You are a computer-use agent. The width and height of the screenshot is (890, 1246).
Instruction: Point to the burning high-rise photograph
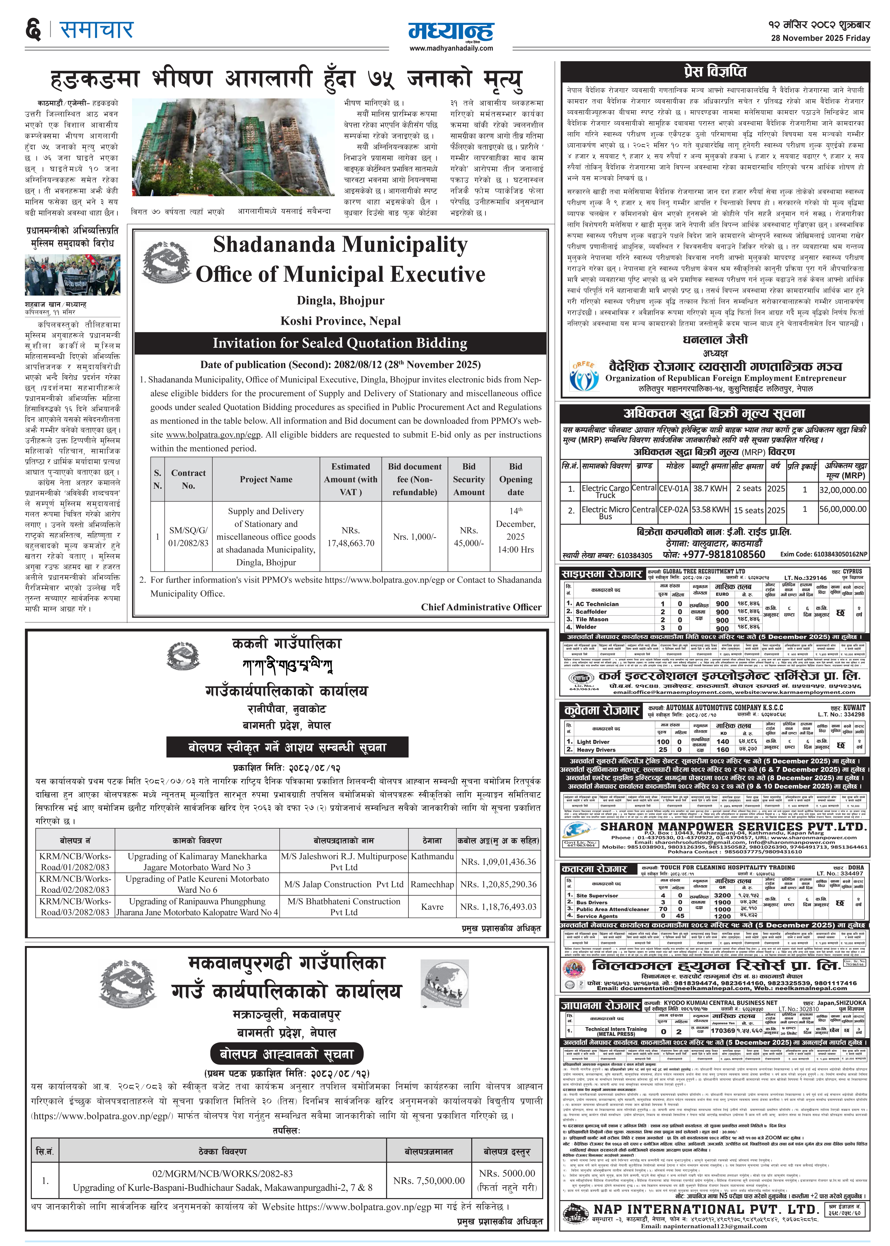click(x=233, y=147)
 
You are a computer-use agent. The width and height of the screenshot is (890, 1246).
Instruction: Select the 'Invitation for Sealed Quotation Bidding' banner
click(x=340, y=343)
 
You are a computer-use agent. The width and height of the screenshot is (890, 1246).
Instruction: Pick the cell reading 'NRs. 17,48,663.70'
click(x=351, y=537)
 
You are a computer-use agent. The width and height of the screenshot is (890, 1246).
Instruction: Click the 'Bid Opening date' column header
click(x=515, y=479)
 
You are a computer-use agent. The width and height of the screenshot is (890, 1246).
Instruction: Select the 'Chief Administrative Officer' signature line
click(x=481, y=607)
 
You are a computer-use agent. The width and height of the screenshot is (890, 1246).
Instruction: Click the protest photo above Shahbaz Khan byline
click(x=72, y=275)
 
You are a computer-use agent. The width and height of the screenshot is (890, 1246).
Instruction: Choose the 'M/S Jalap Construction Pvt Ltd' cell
click(x=344, y=884)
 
